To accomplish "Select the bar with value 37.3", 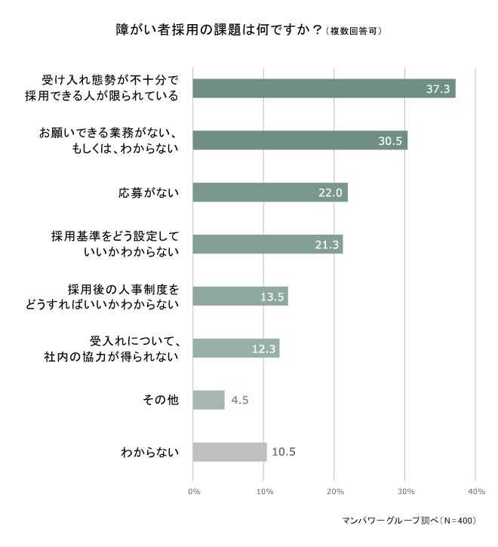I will pyautogui.click(x=324, y=88).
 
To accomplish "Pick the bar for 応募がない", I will pyautogui.click(x=269, y=192).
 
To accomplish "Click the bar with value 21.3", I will pyautogui.click(x=267, y=244).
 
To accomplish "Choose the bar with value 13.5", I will pyautogui.click(x=240, y=296).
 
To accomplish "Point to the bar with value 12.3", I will pyautogui.click(x=235, y=348).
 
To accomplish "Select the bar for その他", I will pyautogui.click(x=208, y=400).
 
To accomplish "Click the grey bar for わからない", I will pyautogui.click(x=229, y=452).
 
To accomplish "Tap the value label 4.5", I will pyautogui.click(x=240, y=400).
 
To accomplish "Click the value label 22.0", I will pyautogui.click(x=330, y=193).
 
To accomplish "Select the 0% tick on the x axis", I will pyautogui.click(x=193, y=492).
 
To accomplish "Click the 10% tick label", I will pyautogui.click(x=264, y=492).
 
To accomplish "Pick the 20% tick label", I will pyautogui.click(x=334, y=492).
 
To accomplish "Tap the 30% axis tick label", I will pyautogui.click(x=405, y=492).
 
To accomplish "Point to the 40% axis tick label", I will pyautogui.click(x=475, y=492).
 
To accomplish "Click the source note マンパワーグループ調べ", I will pyautogui.click(x=407, y=521).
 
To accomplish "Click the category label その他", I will pyautogui.click(x=160, y=400).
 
